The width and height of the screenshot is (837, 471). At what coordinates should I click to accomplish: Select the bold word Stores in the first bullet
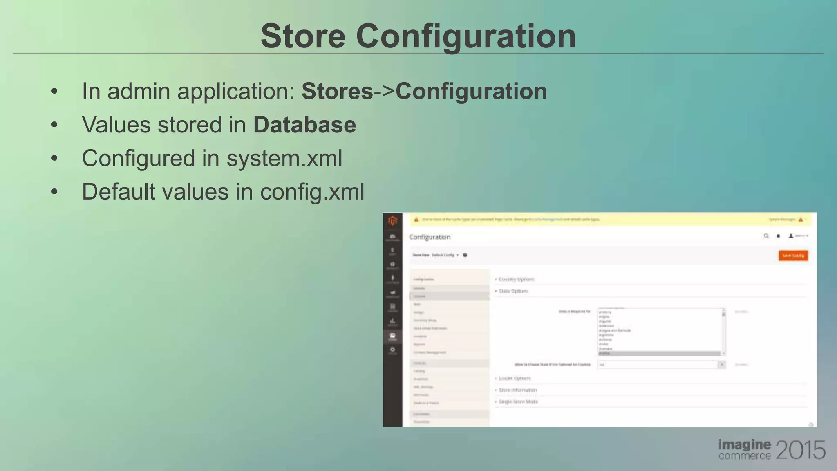pyautogui.click(x=337, y=91)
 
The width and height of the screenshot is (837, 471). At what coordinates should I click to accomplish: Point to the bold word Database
pyautogui.click(x=304, y=124)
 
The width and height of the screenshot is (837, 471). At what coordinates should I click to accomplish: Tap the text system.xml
pyautogui.click(x=284, y=158)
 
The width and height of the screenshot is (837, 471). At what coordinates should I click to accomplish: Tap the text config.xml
pyautogui.click(x=312, y=192)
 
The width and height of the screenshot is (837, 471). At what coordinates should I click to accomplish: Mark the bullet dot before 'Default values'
pyautogui.click(x=54, y=191)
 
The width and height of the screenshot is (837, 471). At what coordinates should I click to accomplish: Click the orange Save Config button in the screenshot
pyautogui.click(x=793, y=256)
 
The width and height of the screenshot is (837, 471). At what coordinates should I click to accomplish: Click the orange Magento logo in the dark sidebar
pyautogui.click(x=393, y=221)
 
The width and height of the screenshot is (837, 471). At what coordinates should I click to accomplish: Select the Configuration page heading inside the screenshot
pyautogui.click(x=430, y=237)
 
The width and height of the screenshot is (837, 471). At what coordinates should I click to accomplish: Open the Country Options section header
pyautogui.click(x=516, y=279)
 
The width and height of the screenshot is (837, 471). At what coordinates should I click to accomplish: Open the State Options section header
pyautogui.click(x=513, y=291)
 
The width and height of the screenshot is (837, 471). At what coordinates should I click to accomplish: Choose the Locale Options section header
pyautogui.click(x=515, y=378)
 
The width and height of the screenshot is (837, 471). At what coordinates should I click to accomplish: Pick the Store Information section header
pyautogui.click(x=517, y=390)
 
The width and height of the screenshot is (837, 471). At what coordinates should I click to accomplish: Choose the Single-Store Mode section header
pyautogui.click(x=518, y=401)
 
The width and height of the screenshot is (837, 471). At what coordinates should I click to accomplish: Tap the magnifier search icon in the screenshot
pyautogui.click(x=766, y=236)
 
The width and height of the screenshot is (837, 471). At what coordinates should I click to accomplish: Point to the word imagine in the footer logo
pyautogui.click(x=745, y=444)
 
